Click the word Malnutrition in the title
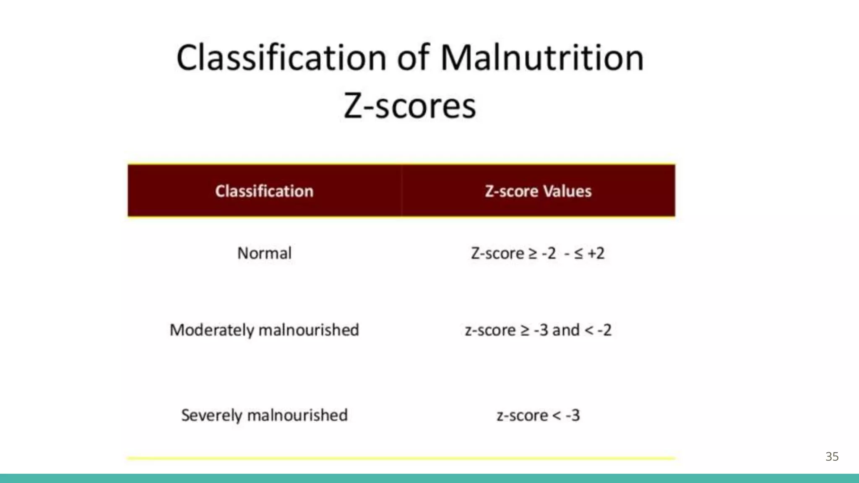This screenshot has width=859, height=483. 542,58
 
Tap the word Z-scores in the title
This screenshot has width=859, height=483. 410,106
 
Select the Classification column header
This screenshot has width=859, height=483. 264,191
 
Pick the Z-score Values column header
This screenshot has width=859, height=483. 538,191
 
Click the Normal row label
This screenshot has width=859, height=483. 264,253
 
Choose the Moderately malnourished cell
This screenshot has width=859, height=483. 264,330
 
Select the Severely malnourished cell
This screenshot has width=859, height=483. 264,415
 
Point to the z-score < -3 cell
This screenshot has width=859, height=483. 538,415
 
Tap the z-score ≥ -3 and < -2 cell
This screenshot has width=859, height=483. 538,330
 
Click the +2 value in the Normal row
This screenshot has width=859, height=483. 596,253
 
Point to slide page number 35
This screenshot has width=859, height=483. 832,457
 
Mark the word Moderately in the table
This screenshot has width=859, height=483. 212,330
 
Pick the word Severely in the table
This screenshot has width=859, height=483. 212,415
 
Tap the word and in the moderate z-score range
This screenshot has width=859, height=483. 566,330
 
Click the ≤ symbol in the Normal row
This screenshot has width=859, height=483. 578,253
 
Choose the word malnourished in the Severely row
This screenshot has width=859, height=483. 297,415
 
